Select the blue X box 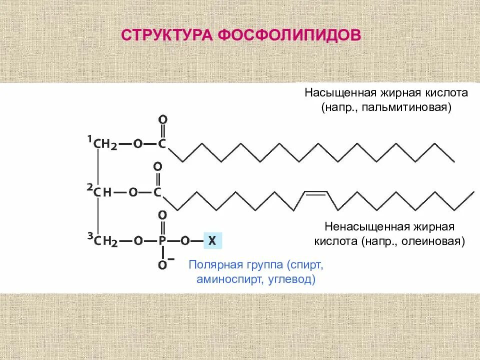[x=212, y=241]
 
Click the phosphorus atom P [x=162, y=241]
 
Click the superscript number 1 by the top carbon [x=90, y=138]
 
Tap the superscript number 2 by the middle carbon [x=90, y=186]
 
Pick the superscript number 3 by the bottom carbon [x=90, y=236]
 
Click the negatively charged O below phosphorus [x=162, y=265]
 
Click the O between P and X [x=184, y=241]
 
